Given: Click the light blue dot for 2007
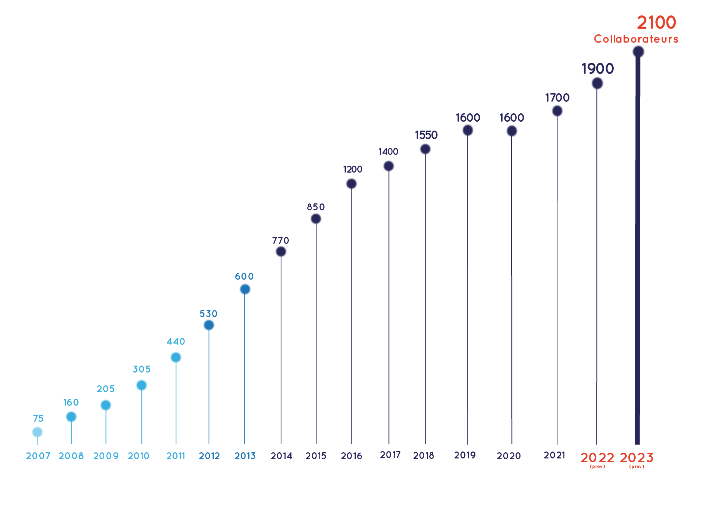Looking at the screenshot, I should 37,432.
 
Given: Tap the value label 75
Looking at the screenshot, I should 38,418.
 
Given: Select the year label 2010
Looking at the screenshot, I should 139,456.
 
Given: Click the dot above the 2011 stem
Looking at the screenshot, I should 176,358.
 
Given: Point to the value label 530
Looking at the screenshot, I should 208,314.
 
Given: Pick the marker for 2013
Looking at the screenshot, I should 245,289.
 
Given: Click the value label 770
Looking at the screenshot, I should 280,240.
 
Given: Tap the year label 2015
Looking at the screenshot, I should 316,456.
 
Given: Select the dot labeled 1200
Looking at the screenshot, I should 351,184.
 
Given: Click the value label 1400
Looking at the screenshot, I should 388,151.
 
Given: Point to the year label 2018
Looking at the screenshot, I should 423,455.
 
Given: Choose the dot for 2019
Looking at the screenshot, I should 468,130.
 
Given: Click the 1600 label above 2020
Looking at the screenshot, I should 512,117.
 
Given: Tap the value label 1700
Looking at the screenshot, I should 557,97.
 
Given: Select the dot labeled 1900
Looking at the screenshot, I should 597,83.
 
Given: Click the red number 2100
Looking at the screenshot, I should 656,22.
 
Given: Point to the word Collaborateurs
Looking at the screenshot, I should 636,39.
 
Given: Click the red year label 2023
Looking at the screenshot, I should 636,458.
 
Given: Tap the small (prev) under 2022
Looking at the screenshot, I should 597,467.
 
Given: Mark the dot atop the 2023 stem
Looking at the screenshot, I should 638,52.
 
